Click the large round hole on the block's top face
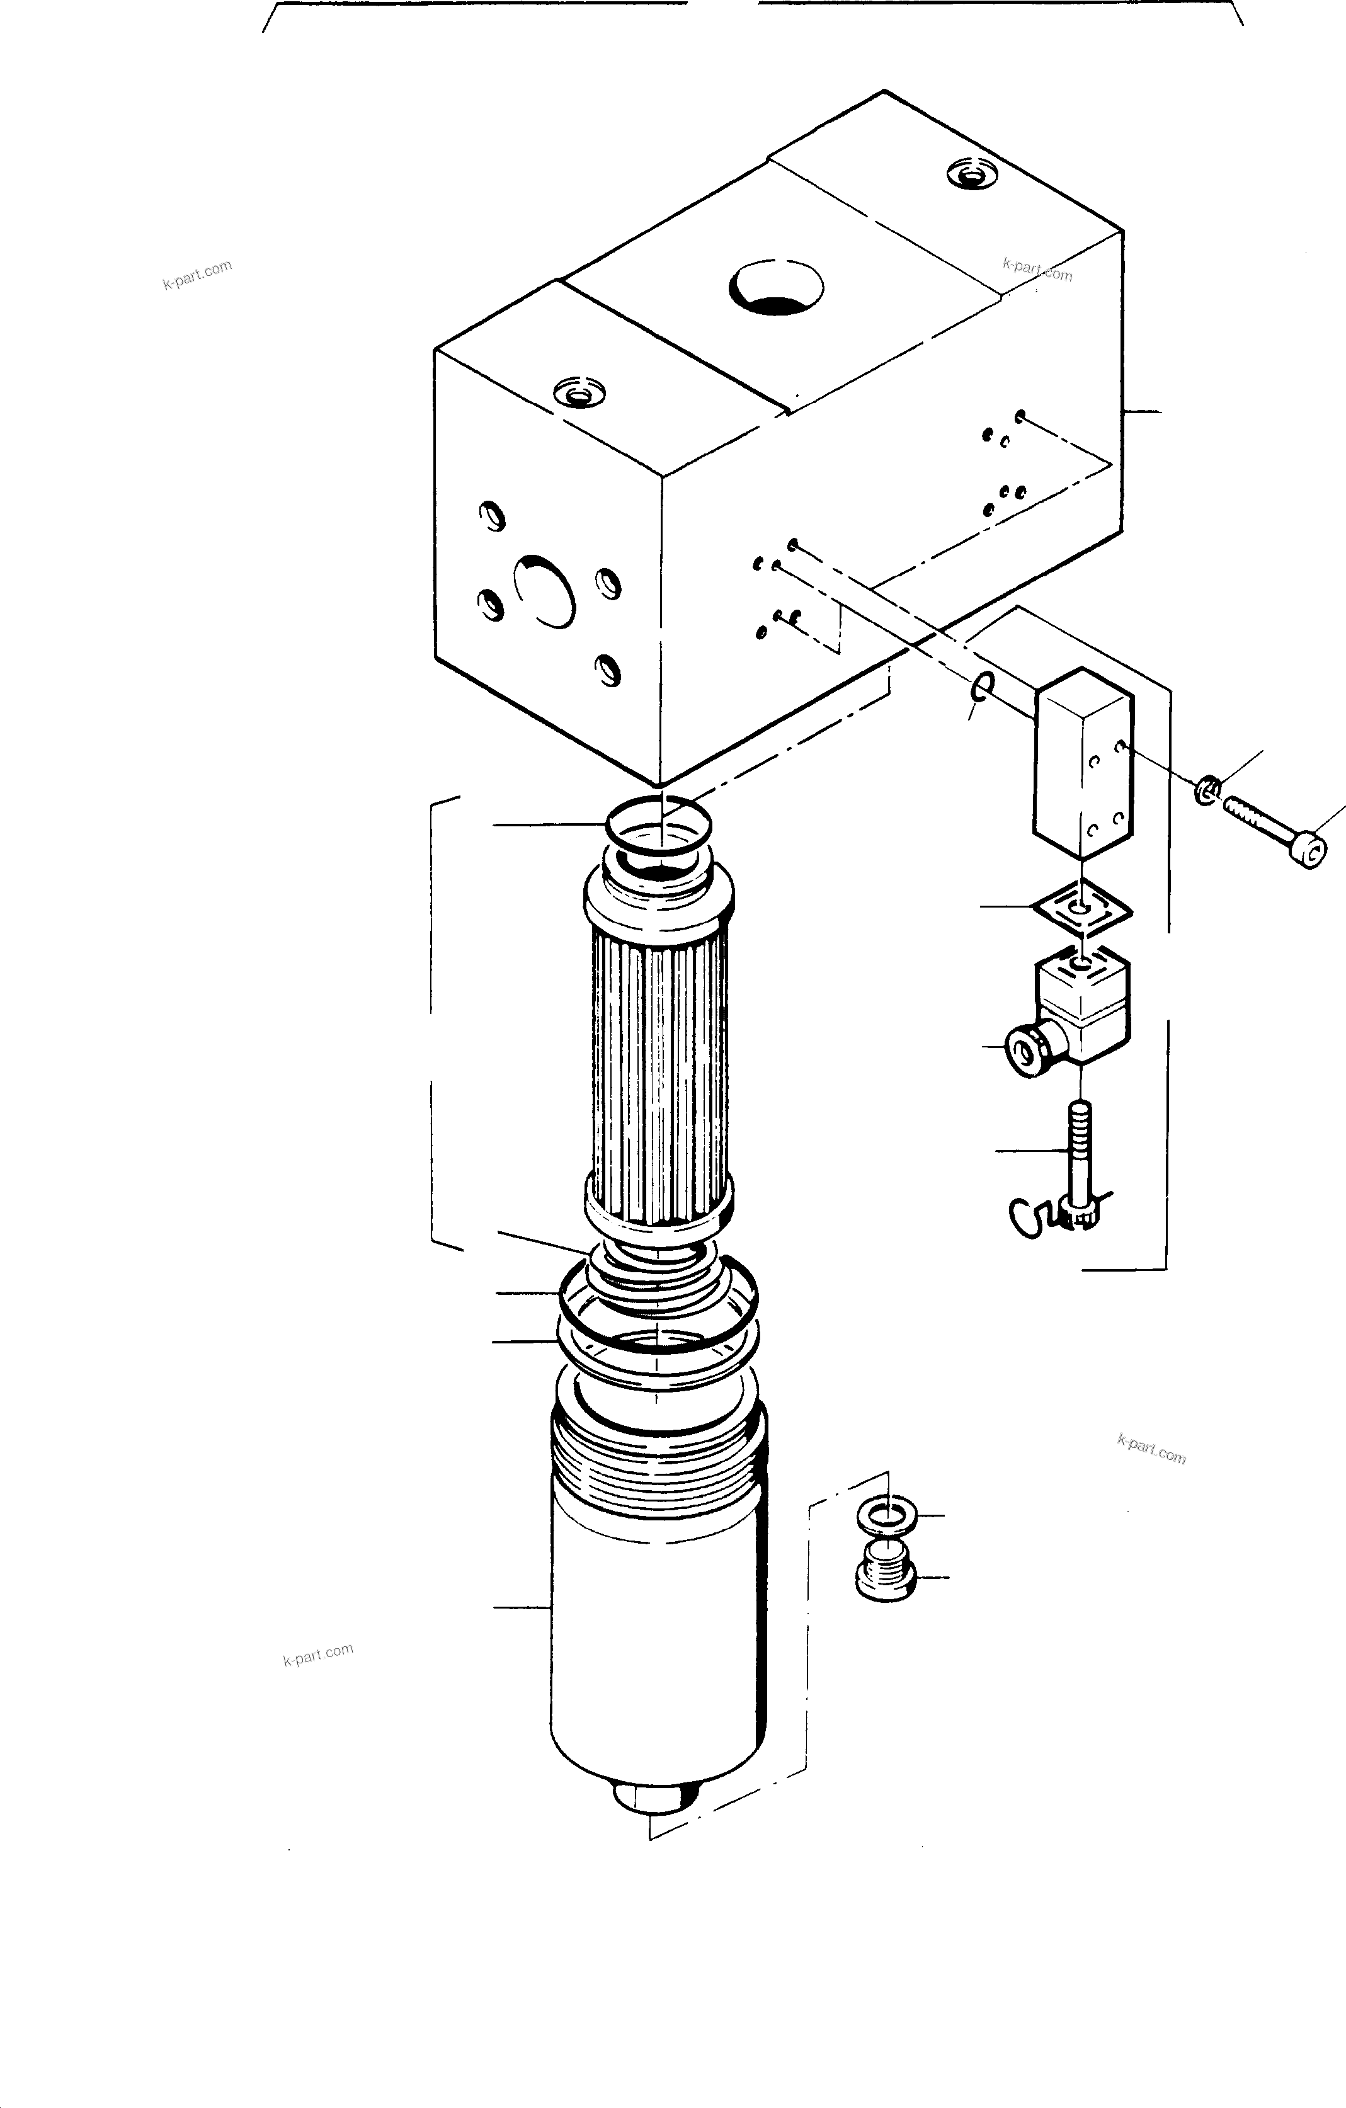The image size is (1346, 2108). tap(776, 287)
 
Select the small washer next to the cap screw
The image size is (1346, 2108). tap(1207, 790)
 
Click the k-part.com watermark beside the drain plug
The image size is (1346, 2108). tap(1151, 1449)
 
